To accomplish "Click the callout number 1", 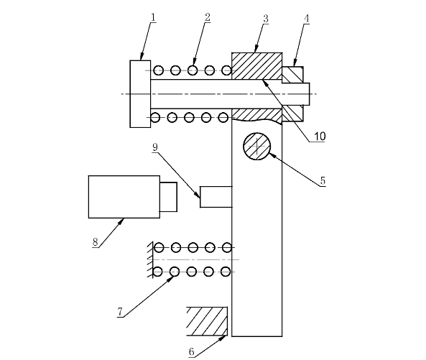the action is [x=153, y=17].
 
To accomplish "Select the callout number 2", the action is [x=208, y=17].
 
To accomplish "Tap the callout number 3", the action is [x=266, y=19].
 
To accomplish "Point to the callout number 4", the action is [x=307, y=19].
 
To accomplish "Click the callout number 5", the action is [x=323, y=180].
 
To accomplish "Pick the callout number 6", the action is [x=191, y=351].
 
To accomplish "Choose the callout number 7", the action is [x=120, y=311].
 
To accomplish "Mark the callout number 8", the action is [x=95, y=241].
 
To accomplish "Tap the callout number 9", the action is [x=155, y=147].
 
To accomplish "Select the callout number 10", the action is [x=320, y=136].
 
